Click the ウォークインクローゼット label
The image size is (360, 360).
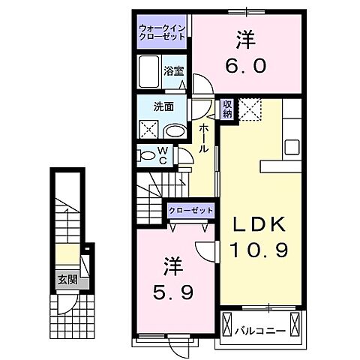click(x=161, y=32)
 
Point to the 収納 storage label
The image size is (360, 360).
click(x=227, y=109)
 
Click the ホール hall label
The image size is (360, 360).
click(x=203, y=139)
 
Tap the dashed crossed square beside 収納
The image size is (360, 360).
click(x=249, y=109)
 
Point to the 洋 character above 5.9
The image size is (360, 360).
click(x=172, y=265)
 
